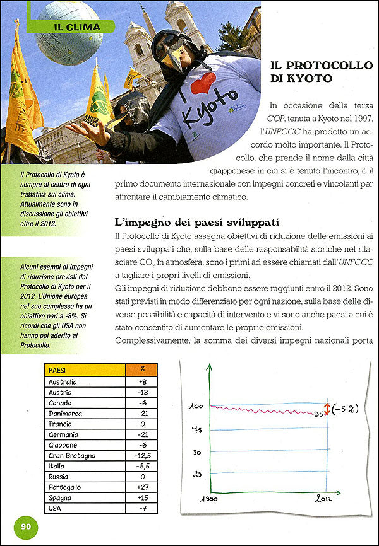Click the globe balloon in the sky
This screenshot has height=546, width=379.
(69, 33)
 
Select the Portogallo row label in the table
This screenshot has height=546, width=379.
(66, 487)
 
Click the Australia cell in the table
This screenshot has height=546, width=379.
(63, 382)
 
